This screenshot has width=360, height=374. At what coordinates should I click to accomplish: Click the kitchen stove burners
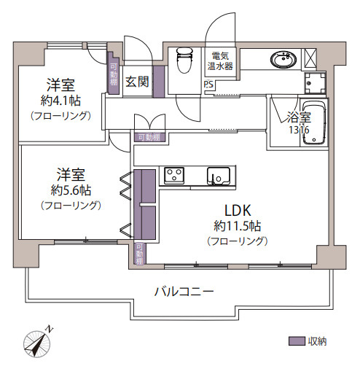(x=175, y=175)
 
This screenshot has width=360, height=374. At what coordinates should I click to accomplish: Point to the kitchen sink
(x=216, y=175)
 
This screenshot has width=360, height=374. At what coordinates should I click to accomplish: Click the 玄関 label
(x=137, y=82)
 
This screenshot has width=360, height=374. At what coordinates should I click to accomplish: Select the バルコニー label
(x=184, y=291)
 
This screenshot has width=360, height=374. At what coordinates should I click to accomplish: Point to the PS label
(x=208, y=84)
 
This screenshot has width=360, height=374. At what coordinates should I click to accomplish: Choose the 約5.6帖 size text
(x=71, y=190)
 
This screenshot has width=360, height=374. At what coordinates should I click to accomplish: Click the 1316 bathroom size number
(x=298, y=129)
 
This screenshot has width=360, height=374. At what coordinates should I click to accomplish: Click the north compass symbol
(x=37, y=340)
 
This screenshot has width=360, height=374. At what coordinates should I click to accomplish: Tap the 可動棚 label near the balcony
(x=138, y=253)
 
